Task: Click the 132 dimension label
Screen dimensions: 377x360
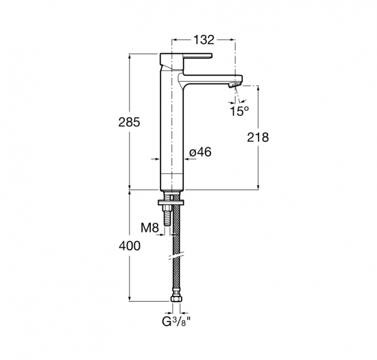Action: click(204, 40)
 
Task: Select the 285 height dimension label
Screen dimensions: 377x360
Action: click(129, 123)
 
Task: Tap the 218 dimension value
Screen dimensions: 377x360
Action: click(258, 138)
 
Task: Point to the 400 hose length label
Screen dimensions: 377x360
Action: click(130, 246)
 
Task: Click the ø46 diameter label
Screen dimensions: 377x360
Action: click(200, 152)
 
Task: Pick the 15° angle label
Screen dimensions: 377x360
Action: click(239, 111)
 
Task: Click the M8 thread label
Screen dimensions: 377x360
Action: click(150, 227)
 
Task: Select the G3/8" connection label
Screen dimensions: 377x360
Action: click(176, 322)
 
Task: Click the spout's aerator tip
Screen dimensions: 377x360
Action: click(234, 85)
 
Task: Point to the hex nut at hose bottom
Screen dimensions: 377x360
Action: click(176, 299)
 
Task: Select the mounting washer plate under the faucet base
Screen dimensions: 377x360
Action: click(171, 203)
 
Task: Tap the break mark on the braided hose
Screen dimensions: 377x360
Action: click(176, 255)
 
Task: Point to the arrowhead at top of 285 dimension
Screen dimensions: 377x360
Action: click(130, 56)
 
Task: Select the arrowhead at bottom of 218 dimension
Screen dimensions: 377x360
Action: click(259, 187)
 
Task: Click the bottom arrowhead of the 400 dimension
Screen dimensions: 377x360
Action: click(130, 298)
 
